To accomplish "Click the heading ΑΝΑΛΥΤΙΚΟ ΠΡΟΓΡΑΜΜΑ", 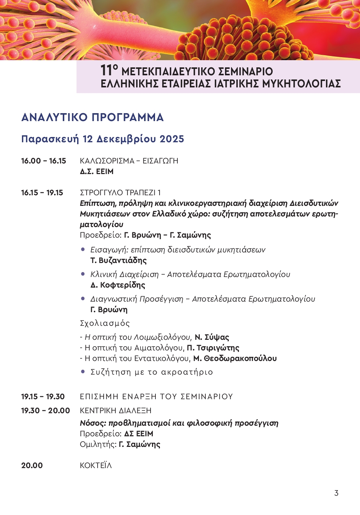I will pos(92,117).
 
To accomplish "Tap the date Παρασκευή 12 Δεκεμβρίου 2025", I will pos(102,139).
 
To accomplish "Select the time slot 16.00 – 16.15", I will pos(43,161).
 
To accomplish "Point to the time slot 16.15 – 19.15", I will pos(42,193).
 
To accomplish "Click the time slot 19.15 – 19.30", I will pos(43,397).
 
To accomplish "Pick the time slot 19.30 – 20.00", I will pos(45,411).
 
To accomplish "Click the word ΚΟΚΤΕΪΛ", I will pos(96,465).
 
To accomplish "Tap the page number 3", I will pos(336,493).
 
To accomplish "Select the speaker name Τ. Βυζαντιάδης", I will pos(118,260).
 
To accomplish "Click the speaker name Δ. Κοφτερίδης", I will pos(118,285).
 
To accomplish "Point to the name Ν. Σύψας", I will pos(212,337).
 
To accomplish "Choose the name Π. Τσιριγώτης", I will pos(213,348).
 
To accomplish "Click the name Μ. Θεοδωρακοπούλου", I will pos(235,358).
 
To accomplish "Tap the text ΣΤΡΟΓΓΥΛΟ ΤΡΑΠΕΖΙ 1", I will pos(120,193).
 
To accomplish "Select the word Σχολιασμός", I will pos(105,323).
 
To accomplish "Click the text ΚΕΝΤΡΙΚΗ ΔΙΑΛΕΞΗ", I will pos(115,411).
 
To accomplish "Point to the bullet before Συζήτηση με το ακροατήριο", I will pos(83,372).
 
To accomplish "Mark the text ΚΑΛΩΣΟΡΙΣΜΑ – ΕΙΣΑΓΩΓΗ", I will pos(129,161).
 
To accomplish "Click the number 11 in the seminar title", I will pos(107,70).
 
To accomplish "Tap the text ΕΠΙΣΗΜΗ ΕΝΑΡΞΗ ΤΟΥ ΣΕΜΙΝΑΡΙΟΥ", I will pos(156,397).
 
